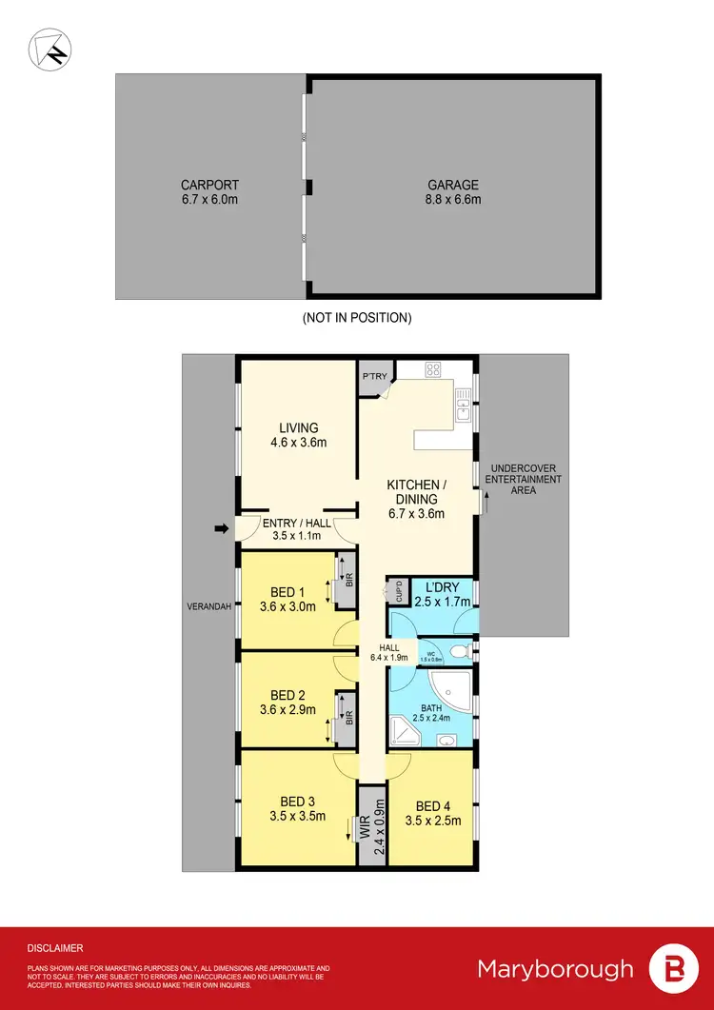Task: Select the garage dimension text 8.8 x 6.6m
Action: pos(452,199)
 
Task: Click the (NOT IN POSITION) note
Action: pos(357,317)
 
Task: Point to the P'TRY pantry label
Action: pos(374,377)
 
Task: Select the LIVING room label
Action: pos(298,427)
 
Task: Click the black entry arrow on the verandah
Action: pos(223,529)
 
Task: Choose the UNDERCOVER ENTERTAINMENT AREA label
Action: pos(524,479)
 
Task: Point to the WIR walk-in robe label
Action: pos(364,826)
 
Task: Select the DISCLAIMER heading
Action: pos(55,948)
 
